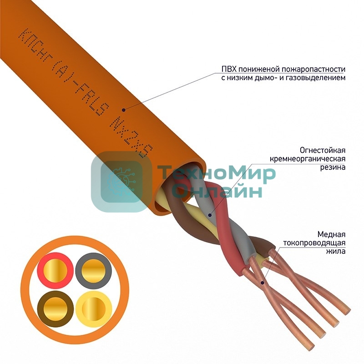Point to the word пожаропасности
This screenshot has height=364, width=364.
[313, 69]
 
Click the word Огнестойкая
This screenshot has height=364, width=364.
[323, 150]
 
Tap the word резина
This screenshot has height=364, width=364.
[334, 167]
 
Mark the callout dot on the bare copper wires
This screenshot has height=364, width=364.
[263, 283]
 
